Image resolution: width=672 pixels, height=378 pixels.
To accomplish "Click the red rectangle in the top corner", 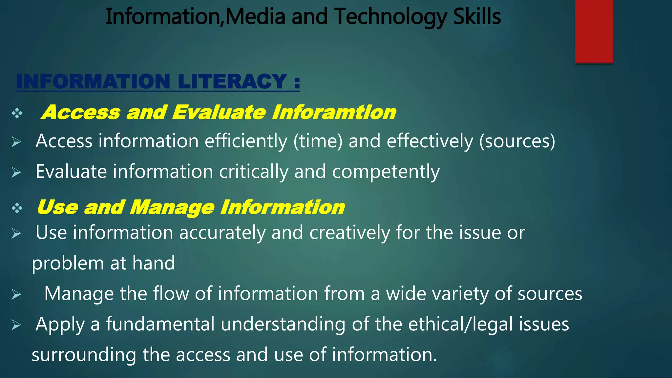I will click(594, 31).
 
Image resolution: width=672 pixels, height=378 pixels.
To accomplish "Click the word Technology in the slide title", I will click(390, 17).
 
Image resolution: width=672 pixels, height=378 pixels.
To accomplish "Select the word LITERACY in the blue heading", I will click(232, 81).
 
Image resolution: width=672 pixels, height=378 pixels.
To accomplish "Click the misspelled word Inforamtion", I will click(334, 113).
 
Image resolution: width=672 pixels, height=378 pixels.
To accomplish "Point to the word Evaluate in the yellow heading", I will click(219, 113).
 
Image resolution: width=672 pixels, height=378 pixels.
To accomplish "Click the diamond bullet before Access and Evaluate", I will click(17, 114).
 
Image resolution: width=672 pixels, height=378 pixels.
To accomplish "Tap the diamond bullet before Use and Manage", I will click(17, 208).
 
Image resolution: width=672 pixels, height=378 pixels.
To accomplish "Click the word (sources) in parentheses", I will click(517, 141).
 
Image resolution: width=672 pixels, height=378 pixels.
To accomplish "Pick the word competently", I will click(386, 172).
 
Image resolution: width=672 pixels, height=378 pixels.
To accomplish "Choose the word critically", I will click(253, 172).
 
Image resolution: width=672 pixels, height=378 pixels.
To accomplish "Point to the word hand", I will click(154, 263).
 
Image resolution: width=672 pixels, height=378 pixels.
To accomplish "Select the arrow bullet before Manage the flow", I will click(16, 294).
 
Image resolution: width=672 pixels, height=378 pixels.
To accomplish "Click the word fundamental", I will click(160, 325).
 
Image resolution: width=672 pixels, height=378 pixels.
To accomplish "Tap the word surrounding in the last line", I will click(84, 355).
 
